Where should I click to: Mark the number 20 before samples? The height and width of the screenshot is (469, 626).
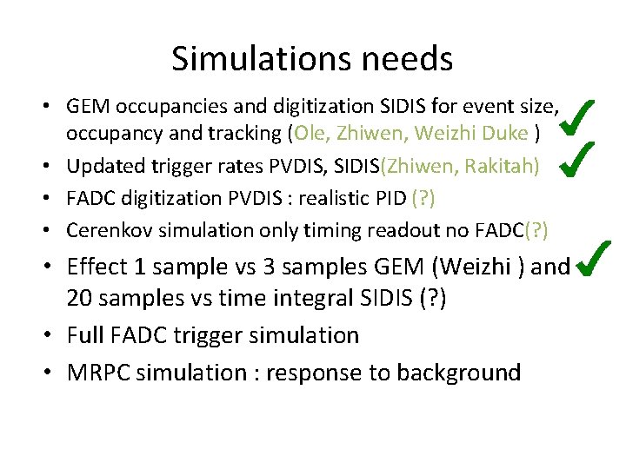(78, 300)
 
